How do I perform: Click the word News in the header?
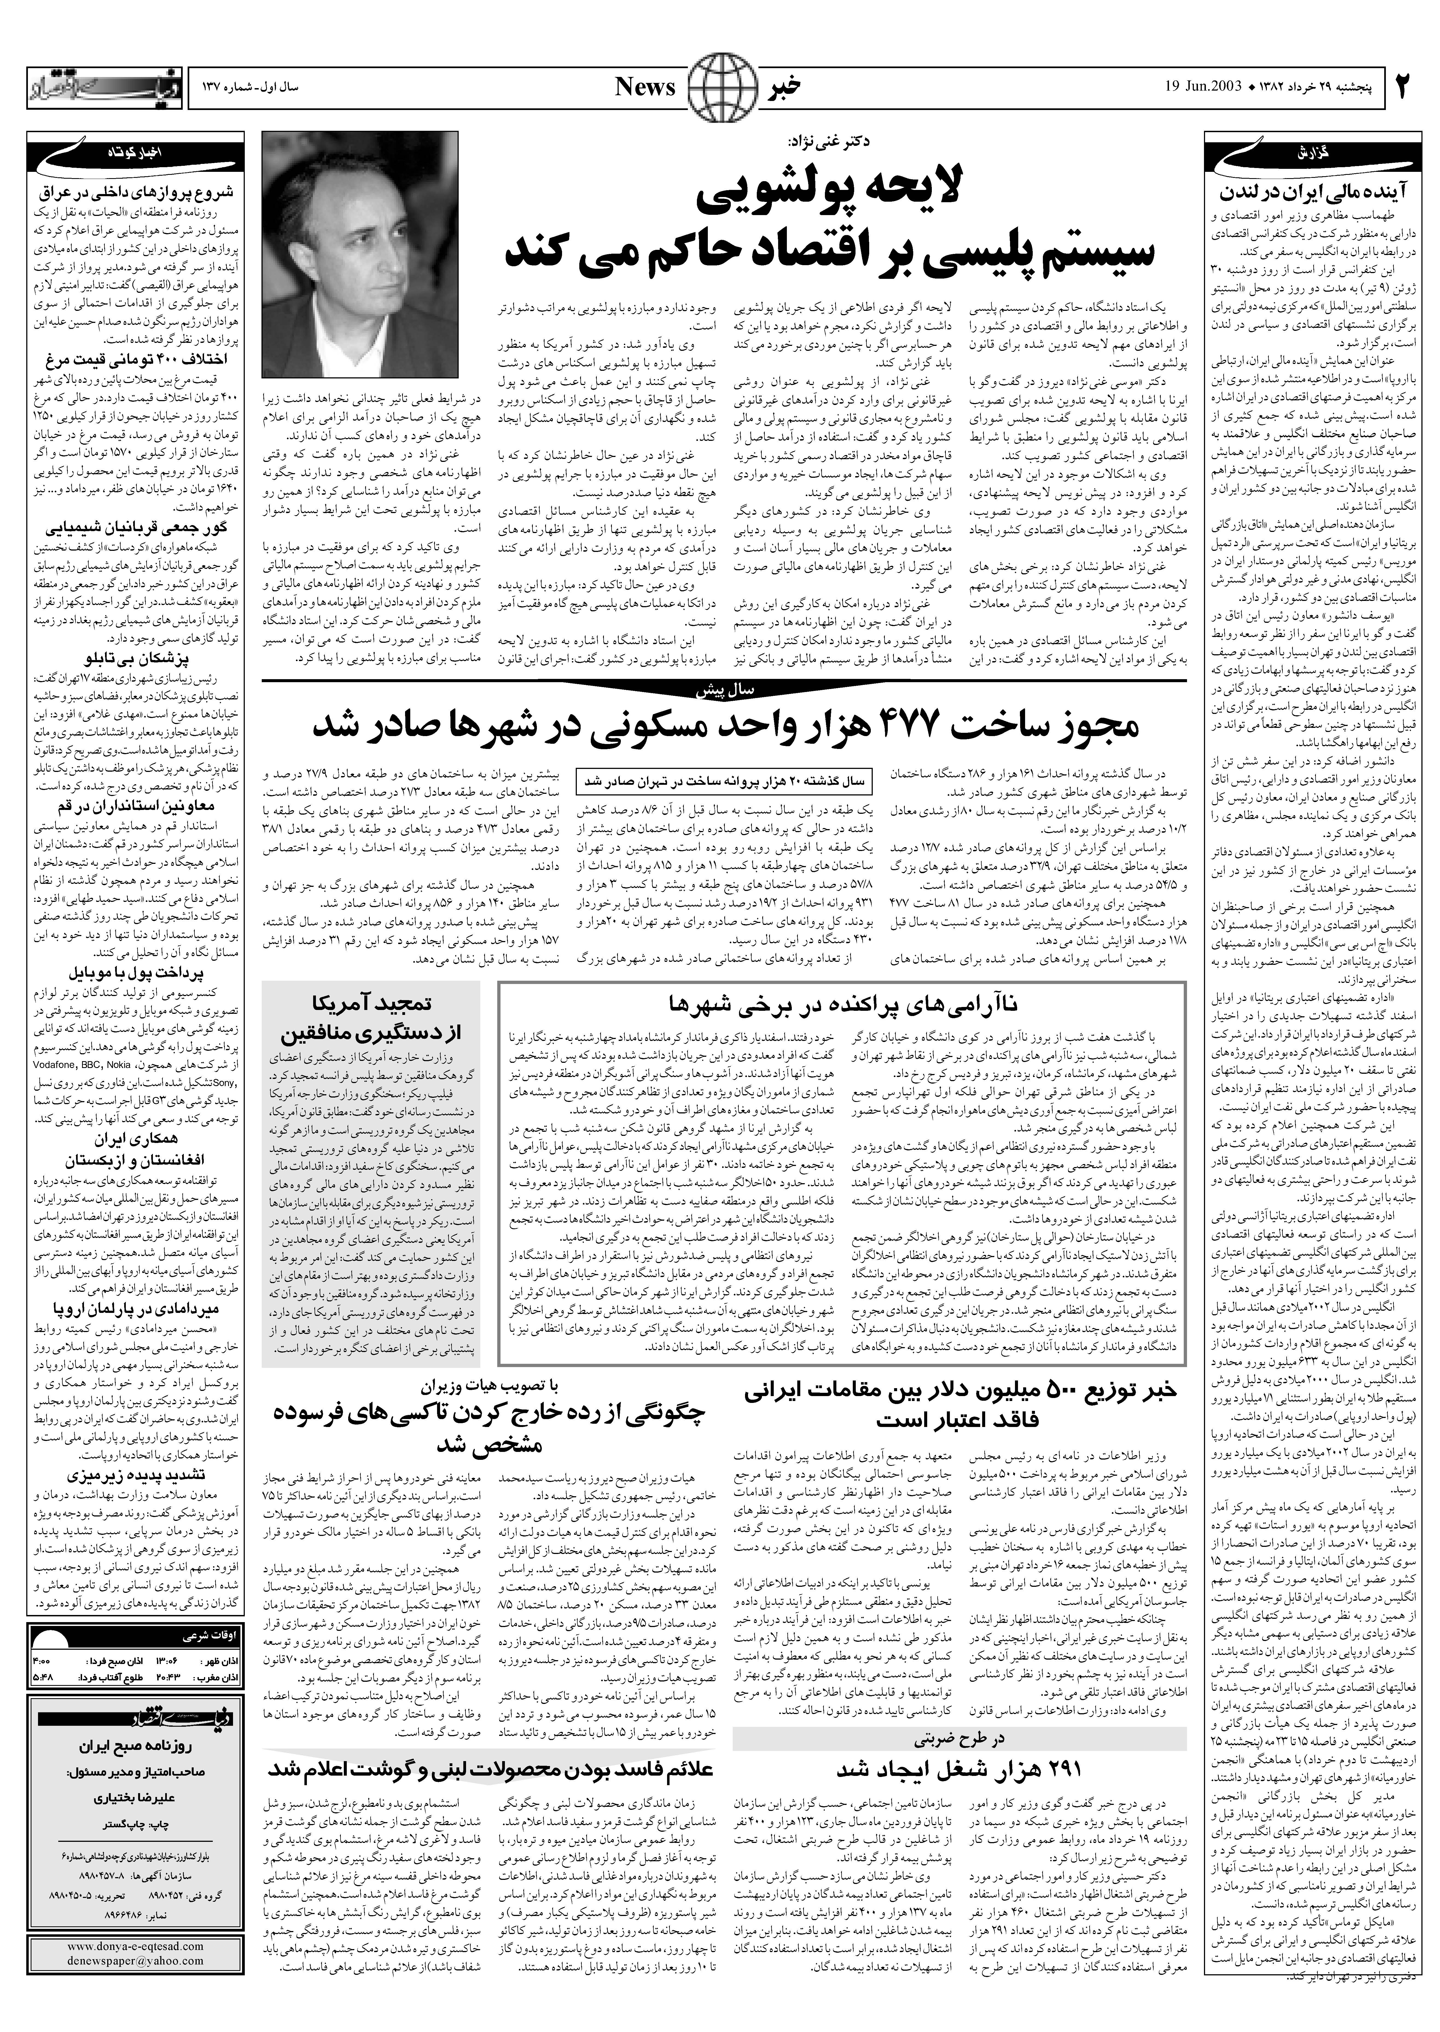point(645,87)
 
